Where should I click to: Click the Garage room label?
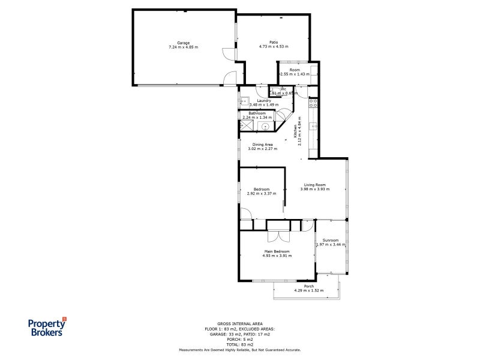point(183,43)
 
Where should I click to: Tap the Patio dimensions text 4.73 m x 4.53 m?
point(274,47)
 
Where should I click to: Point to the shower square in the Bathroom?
point(246,125)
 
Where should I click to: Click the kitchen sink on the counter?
point(313,127)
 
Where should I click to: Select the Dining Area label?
point(263,145)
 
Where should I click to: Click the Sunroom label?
point(331,240)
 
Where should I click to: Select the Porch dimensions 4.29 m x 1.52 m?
point(308,290)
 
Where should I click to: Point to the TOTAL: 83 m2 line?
point(239,344)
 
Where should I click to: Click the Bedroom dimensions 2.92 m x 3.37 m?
point(262,194)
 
